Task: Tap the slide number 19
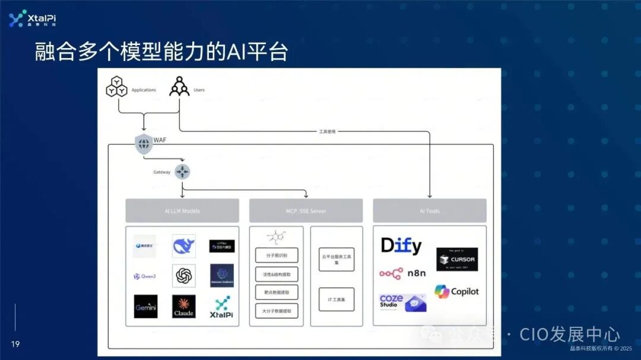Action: [x=15, y=344]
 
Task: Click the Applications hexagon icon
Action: [x=116, y=87]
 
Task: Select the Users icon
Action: [x=179, y=87]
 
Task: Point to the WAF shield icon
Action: [x=144, y=144]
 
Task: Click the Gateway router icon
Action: [x=182, y=171]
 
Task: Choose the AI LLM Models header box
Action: [x=182, y=211]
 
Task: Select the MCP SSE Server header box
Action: [x=306, y=211]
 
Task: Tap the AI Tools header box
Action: [x=429, y=211]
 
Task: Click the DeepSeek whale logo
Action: [x=183, y=246]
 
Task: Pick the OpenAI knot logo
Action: [x=183, y=276]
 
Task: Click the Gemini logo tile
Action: [x=145, y=306]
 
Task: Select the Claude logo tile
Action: [x=183, y=306]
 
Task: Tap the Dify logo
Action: [x=401, y=246]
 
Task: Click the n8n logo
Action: [x=399, y=273]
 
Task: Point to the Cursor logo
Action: [x=457, y=259]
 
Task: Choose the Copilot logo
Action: [x=456, y=291]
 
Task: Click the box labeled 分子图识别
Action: [x=277, y=255]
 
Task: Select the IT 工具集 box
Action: [x=337, y=300]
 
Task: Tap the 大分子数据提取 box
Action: [x=277, y=310]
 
